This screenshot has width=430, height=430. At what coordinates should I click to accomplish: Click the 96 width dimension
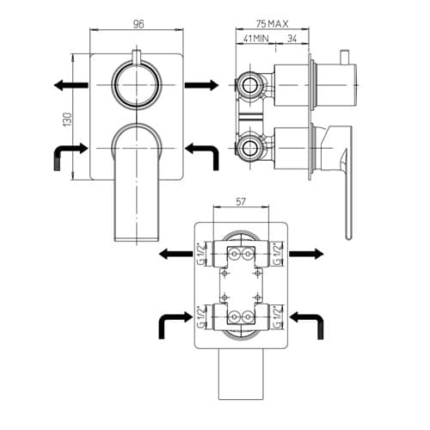138,24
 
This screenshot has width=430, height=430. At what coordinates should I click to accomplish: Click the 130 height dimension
68,120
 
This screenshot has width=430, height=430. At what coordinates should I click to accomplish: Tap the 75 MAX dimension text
273,24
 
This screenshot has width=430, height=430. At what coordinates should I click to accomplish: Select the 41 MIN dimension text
256,39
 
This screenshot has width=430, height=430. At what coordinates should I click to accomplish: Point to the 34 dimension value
292,39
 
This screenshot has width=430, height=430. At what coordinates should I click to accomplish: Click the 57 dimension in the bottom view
241,202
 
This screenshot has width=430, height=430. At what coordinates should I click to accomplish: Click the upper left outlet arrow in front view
71,85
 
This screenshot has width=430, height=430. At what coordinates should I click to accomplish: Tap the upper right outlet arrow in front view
202,85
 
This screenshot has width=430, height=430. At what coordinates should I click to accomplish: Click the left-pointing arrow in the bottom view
175,254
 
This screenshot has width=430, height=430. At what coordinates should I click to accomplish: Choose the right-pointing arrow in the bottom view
306,254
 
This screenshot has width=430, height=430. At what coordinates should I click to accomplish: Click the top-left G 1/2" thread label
202,254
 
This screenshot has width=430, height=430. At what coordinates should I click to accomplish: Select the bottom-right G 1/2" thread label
278,317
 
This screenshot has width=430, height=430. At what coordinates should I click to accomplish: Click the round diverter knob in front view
137,85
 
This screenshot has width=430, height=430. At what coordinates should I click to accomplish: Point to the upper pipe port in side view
250,85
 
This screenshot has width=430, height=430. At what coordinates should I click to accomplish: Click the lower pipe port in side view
250,148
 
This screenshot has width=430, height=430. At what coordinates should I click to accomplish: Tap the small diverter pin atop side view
344,57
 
